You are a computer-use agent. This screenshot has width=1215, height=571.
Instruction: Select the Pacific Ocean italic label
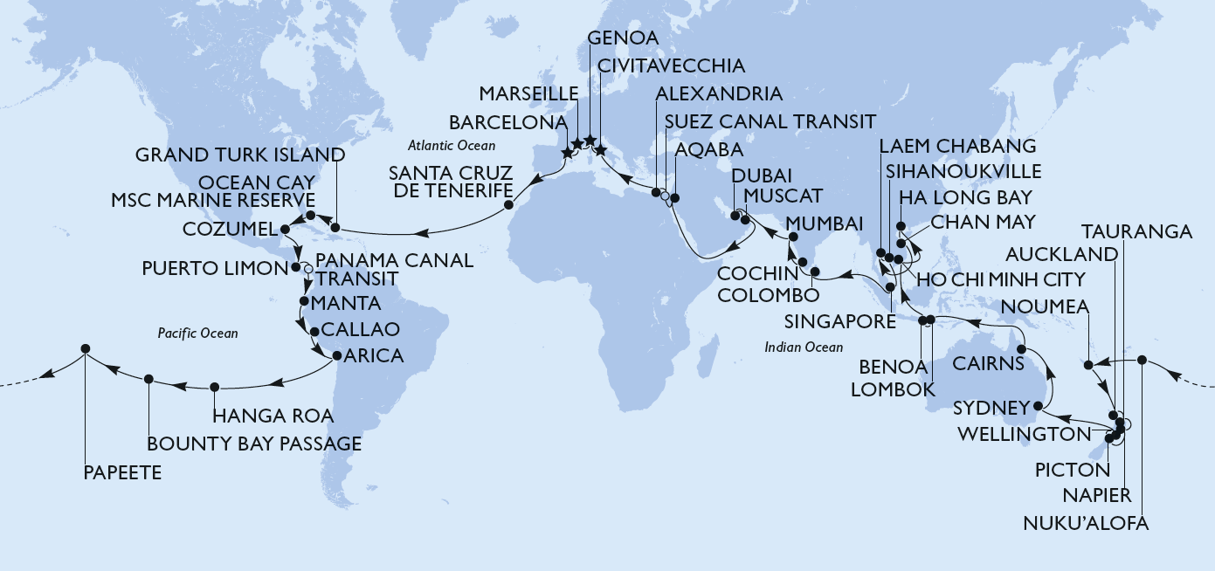point(197,334)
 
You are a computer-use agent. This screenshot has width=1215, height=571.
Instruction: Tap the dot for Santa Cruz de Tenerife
point(508,207)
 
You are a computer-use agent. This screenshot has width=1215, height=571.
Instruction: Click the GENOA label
point(622,38)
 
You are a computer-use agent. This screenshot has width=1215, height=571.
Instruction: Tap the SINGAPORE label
point(839,321)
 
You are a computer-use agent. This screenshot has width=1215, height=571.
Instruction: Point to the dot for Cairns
point(1020,350)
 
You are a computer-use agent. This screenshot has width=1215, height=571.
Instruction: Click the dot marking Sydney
point(1037,407)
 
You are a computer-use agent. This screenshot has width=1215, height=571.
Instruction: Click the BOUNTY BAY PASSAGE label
point(254,444)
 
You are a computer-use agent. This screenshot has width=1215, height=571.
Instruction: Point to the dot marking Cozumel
point(286,230)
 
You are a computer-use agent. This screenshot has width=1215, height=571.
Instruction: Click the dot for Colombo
point(814,272)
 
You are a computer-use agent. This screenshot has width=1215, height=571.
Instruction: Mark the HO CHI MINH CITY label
point(999,279)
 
